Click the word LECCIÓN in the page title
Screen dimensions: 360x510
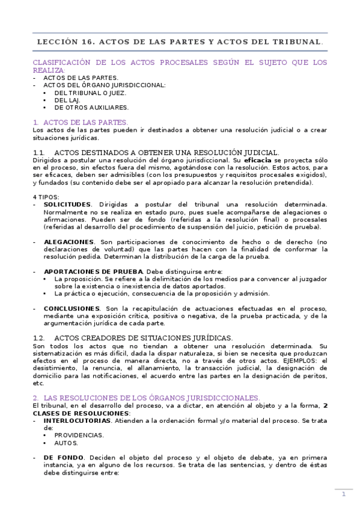click(55, 41)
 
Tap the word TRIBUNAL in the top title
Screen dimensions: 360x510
click(297, 41)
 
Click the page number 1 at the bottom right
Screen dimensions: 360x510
click(343, 494)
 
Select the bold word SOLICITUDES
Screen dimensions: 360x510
click(67, 204)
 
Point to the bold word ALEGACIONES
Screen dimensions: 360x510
click(69, 241)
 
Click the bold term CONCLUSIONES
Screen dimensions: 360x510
click(70, 308)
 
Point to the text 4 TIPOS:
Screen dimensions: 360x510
click(46, 197)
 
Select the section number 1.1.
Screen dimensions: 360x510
click(39, 153)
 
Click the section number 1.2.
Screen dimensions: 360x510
click(40, 339)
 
